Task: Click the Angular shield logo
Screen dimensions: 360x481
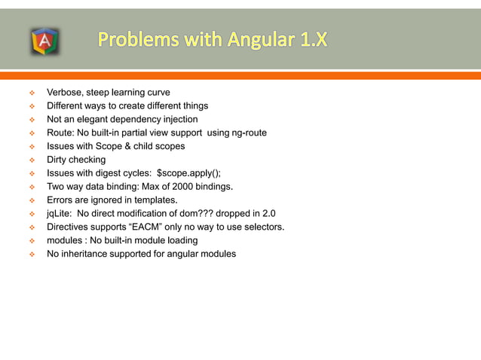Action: [44, 41]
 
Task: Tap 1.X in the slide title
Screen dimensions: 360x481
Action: [311, 39]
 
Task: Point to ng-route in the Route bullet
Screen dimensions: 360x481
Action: [245, 133]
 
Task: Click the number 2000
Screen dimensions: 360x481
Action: [177, 187]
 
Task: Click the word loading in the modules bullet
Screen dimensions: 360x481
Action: [181, 240]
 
